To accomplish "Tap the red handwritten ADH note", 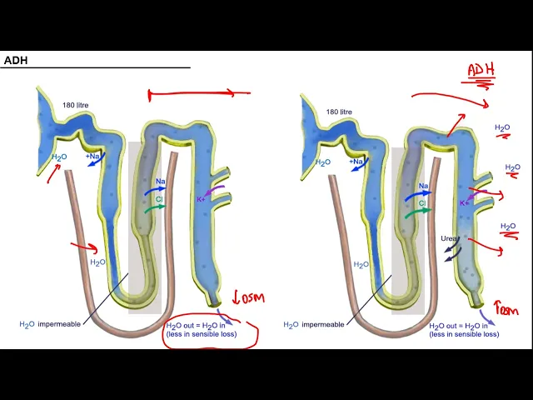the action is point(481,70).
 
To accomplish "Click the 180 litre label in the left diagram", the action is point(76,105).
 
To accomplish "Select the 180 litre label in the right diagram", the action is point(339,112).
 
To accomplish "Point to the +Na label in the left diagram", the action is point(92,156).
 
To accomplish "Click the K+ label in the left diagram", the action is point(201,199).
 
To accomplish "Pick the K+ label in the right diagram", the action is point(465,202).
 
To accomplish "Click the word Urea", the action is point(450,239).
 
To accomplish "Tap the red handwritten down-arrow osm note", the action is point(249,297).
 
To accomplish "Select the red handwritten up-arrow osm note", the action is point(506,310).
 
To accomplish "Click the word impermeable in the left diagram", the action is point(62,324).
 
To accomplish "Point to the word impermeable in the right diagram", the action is point(325,325).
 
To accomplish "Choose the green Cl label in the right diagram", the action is point(422,203).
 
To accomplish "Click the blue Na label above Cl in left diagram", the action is point(160,181).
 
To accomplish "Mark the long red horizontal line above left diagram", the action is point(198,94).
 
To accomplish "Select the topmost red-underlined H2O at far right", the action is point(502,128).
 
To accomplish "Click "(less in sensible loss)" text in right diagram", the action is point(464,334).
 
